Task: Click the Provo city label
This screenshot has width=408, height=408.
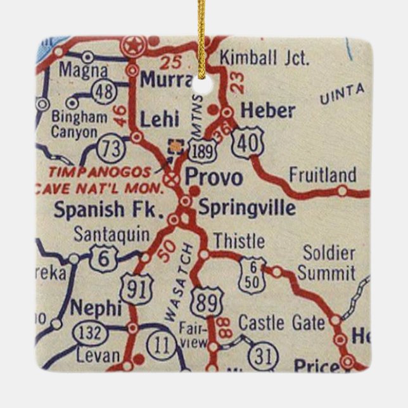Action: pyautogui.click(x=213, y=178)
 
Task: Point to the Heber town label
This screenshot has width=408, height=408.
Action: pyautogui.click(x=268, y=111)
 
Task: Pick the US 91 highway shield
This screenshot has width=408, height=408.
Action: pyautogui.click(x=136, y=290)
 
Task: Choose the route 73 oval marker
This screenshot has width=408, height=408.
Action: pyautogui.click(x=111, y=148)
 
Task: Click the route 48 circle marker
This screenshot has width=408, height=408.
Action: pyautogui.click(x=103, y=92)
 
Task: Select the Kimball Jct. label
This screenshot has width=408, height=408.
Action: pyautogui.click(x=264, y=59)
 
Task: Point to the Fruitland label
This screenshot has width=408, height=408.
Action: pyautogui.click(x=322, y=174)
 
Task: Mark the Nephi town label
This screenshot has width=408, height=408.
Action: pyautogui.click(x=96, y=309)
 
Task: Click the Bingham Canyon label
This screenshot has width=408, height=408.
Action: pyautogui.click(x=79, y=125)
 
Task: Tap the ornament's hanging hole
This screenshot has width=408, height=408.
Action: pyautogui.click(x=203, y=87)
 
